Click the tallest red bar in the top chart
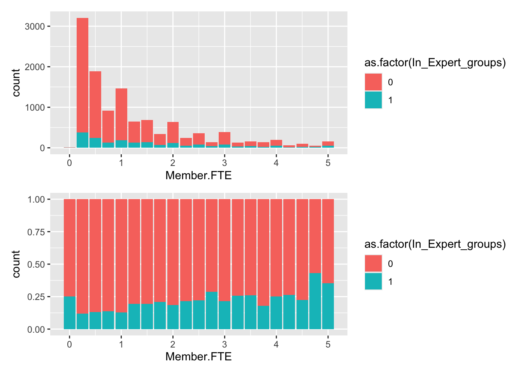[x=82, y=74]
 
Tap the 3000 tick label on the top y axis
[x=37, y=26]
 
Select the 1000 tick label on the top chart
[x=37, y=108]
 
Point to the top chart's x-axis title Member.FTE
[x=198, y=175]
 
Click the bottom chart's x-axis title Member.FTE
[x=198, y=356]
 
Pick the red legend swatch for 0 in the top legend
[x=373, y=82]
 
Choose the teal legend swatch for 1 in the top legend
[x=373, y=100]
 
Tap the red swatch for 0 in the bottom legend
[x=373, y=264]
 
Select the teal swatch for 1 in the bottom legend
[x=373, y=282]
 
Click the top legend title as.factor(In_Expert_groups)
[x=435, y=63]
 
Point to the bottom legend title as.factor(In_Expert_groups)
[x=435, y=244]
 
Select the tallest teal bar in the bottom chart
[x=315, y=301]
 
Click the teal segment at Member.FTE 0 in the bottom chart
[x=70, y=313]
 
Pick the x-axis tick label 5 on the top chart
[x=328, y=163]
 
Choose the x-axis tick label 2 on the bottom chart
[x=173, y=344]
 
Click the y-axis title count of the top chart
[x=16, y=83]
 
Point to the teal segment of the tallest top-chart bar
[x=82, y=140]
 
